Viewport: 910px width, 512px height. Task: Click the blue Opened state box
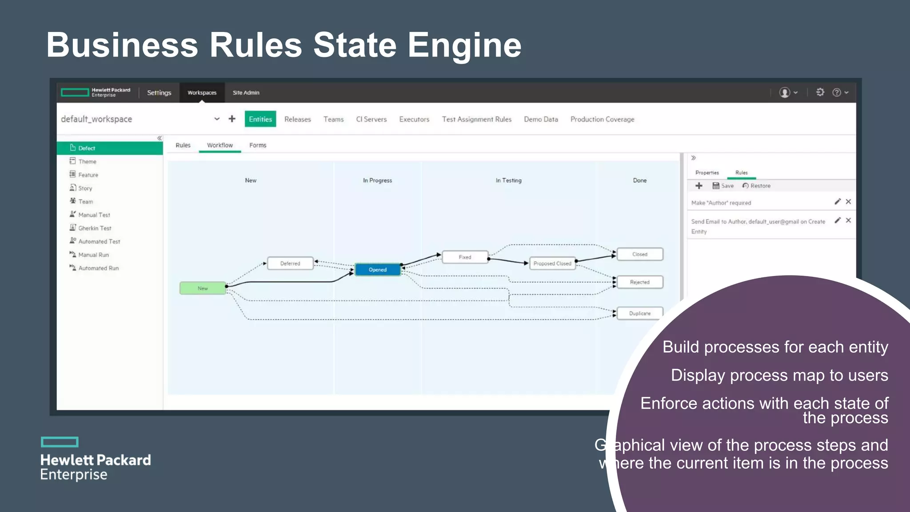377,270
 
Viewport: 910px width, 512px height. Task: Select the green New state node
203,288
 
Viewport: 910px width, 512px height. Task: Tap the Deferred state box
290,264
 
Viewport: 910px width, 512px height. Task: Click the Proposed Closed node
552,264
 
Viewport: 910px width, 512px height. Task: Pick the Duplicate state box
639,313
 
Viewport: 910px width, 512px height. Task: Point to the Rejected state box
639,282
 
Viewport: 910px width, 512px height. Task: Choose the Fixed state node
465,257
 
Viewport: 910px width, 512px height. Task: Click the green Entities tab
260,119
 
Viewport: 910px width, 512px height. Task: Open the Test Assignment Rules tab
476,119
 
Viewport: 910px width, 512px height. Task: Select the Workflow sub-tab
220,145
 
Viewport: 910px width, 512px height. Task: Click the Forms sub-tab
258,145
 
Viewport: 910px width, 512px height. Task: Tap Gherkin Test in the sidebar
95,228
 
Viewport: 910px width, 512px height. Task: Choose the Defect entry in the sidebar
87,148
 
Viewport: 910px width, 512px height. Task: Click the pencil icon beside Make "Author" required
838,202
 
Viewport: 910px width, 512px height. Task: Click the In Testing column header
508,180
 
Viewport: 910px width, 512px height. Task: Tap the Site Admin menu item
246,92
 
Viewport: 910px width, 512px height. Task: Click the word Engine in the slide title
464,45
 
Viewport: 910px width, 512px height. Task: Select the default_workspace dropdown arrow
217,119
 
